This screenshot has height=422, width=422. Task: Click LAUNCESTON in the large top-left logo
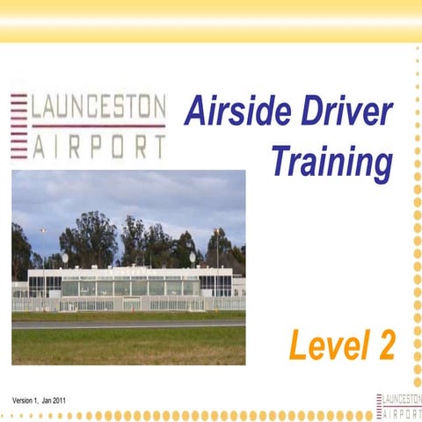coord(98,107)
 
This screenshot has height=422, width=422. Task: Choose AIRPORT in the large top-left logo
coord(98,145)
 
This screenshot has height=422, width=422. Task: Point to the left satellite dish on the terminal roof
coord(65,258)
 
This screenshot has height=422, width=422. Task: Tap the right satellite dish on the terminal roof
coord(193,258)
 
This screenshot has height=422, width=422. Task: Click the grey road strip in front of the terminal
coord(128,323)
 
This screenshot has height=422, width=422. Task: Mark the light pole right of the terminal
coord(216,251)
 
